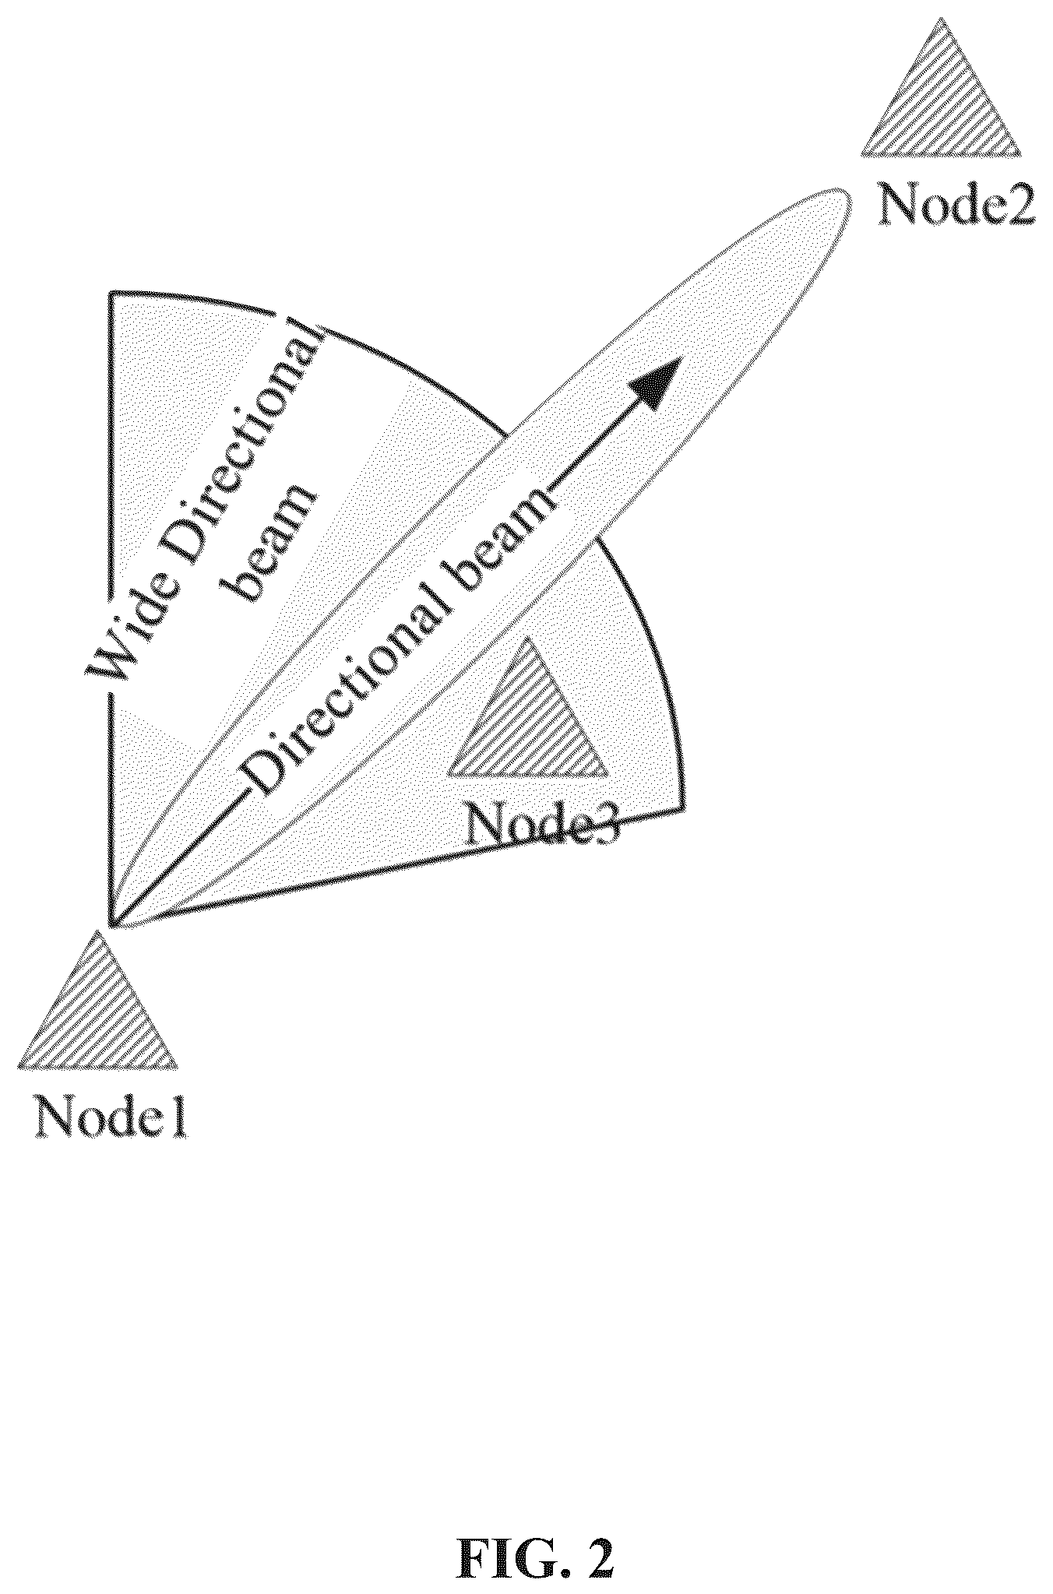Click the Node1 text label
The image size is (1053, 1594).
110,1118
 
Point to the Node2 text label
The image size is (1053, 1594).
956,205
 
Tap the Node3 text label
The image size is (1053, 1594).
542,822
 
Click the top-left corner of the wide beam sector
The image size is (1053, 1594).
111,294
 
